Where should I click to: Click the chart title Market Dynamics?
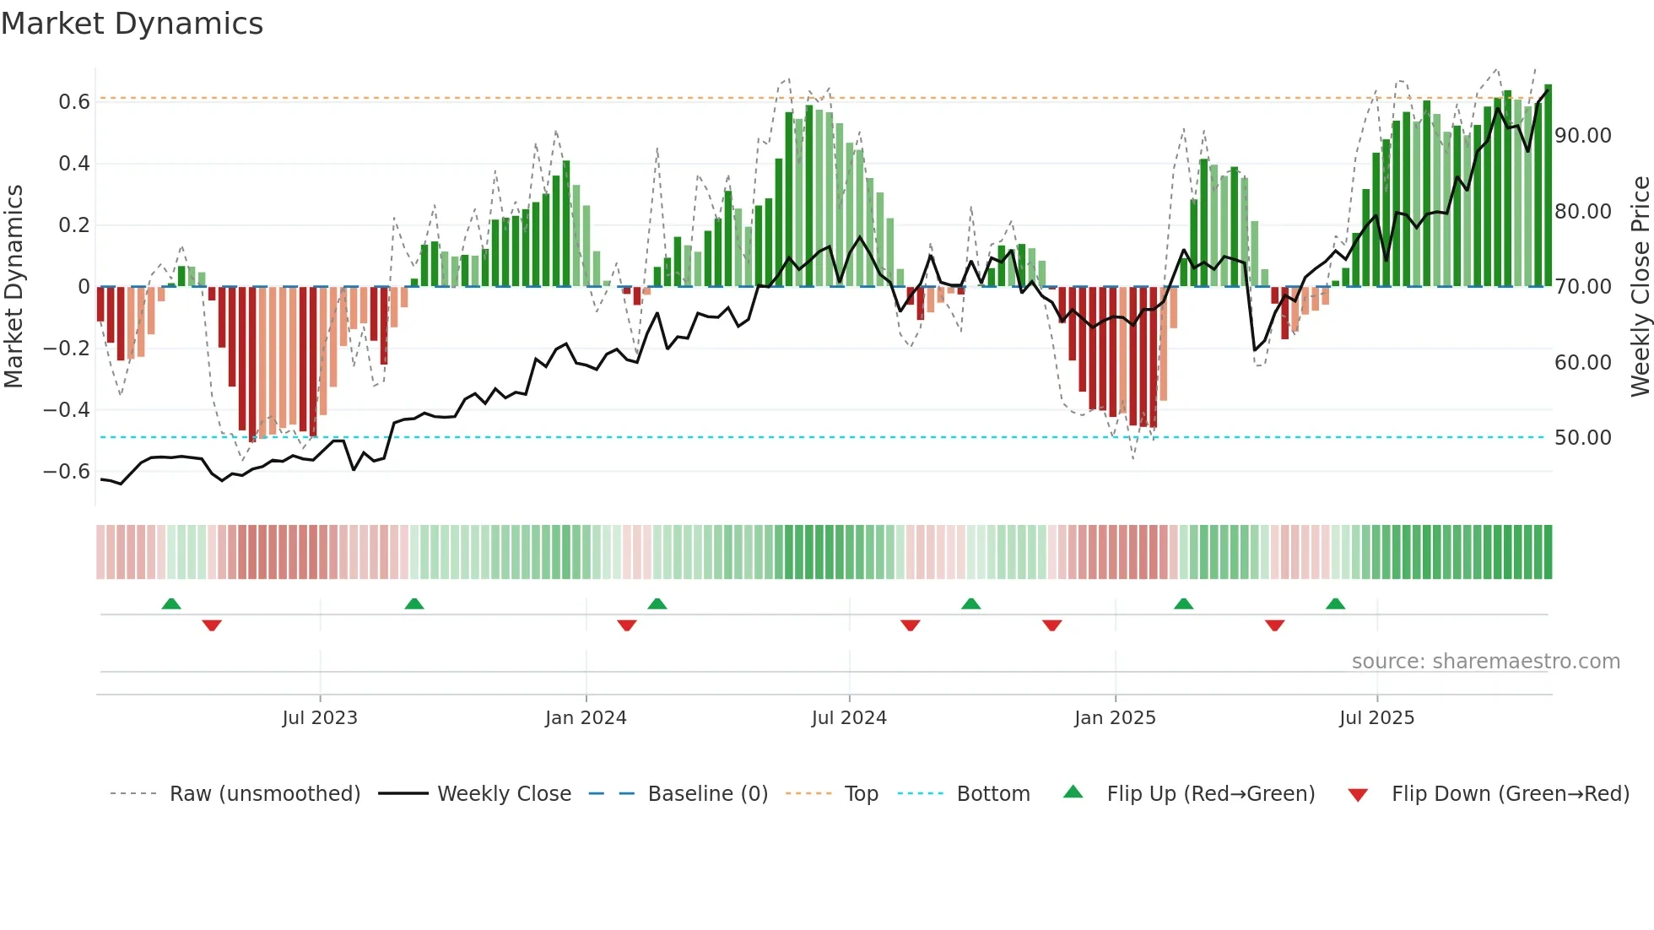pyautogui.click(x=132, y=24)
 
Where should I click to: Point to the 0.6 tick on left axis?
pyautogui.click(x=74, y=102)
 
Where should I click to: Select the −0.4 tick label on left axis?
pyautogui.click(x=67, y=410)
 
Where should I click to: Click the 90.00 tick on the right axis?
pyautogui.click(x=1582, y=136)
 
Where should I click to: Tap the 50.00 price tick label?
pyautogui.click(x=1582, y=438)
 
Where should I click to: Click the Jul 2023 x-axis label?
pyautogui.click(x=320, y=718)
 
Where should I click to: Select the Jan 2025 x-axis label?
pyautogui.click(x=1115, y=718)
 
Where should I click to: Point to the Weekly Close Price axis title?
pyautogui.click(x=1640, y=287)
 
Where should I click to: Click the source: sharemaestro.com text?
pyautogui.click(x=1485, y=662)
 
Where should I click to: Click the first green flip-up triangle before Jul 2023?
pyautogui.click(x=171, y=603)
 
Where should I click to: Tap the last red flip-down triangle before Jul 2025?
pyautogui.click(x=1274, y=625)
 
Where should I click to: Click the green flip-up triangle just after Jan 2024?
pyautogui.click(x=657, y=603)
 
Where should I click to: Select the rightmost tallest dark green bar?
pyautogui.click(x=1548, y=186)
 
